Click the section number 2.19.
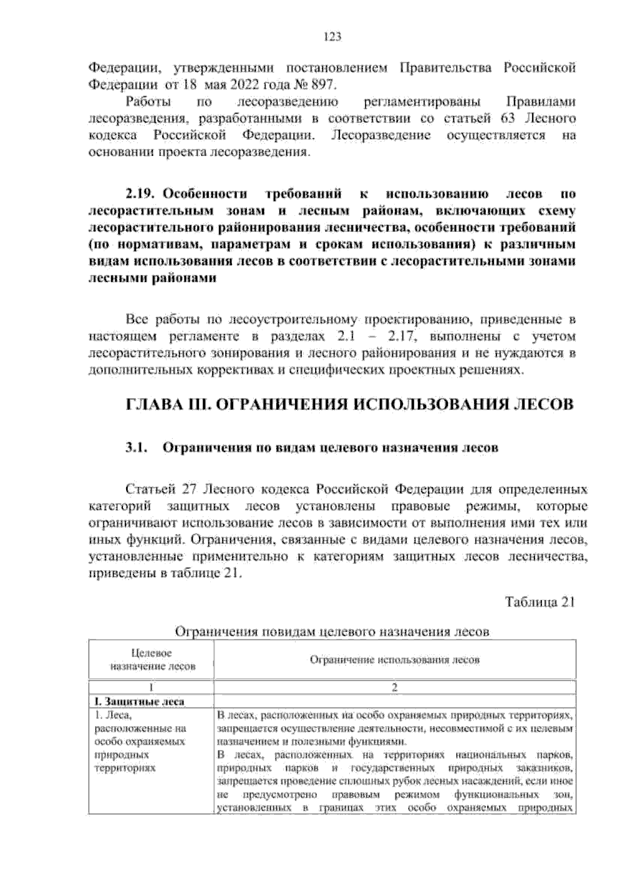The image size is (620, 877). click(x=140, y=195)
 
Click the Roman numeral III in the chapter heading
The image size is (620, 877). click(x=199, y=404)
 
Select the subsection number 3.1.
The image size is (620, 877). click(x=137, y=448)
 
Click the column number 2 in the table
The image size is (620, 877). click(x=395, y=687)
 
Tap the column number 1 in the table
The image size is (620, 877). click(x=151, y=687)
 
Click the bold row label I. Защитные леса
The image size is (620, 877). click(x=139, y=701)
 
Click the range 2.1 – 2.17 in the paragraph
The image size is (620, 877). click(x=369, y=338)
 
